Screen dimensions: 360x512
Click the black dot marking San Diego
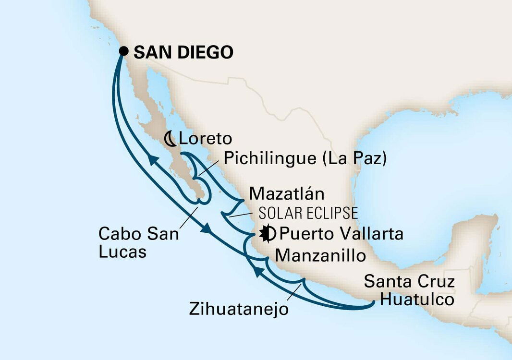coord(124,50)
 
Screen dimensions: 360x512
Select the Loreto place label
coord(205,139)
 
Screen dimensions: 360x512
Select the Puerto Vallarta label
coord(341,234)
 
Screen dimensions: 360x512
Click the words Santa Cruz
coord(409,281)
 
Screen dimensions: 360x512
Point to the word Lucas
coord(122,252)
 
